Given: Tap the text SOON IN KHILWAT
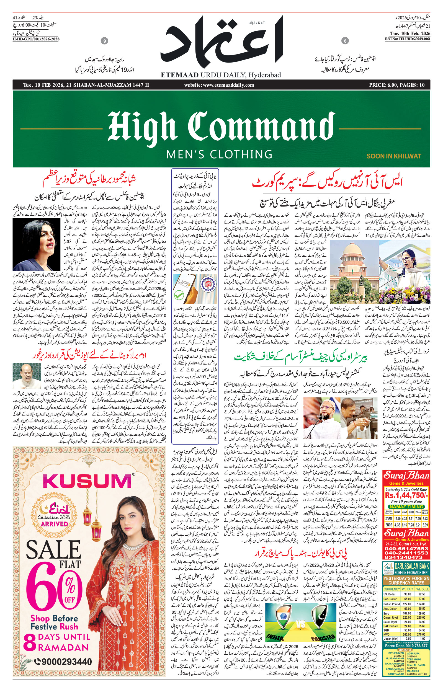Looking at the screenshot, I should (393, 156).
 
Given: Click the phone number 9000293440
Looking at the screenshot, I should (66, 662).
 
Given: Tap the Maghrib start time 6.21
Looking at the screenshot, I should (411, 519).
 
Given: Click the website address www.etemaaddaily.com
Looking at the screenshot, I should (219, 85).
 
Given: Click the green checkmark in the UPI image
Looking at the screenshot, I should (179, 295).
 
